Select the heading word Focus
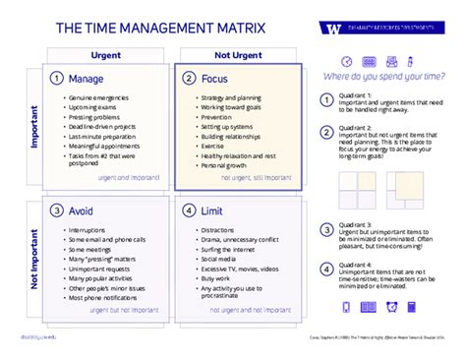(x=216, y=78)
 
